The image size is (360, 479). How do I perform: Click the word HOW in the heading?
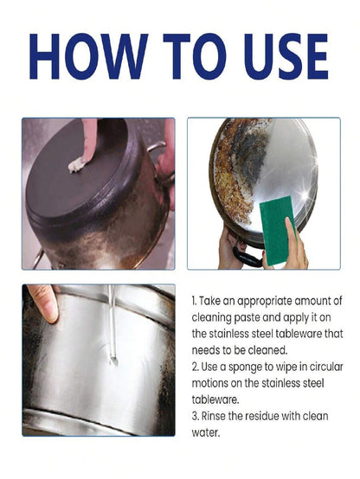tap(88, 56)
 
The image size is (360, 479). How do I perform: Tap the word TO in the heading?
tap(195, 56)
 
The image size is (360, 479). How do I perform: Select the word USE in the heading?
tap(286, 56)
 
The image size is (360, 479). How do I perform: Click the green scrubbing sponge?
tap(277, 230)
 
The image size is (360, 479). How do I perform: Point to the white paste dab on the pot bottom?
tap(76, 164)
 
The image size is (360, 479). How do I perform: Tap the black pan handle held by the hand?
tap(247, 255)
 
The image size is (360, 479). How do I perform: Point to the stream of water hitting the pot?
tap(112, 324)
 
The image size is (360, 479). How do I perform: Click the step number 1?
tap(194, 301)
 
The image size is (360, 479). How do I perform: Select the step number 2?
tap(195, 367)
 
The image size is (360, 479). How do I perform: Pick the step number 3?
tap(195, 416)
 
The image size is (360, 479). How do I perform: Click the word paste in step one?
tap(247, 318)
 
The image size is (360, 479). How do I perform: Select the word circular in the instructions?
tap(326, 367)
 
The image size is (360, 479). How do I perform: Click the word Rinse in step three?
tap(214, 416)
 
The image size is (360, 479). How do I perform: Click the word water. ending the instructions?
tap(206, 433)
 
